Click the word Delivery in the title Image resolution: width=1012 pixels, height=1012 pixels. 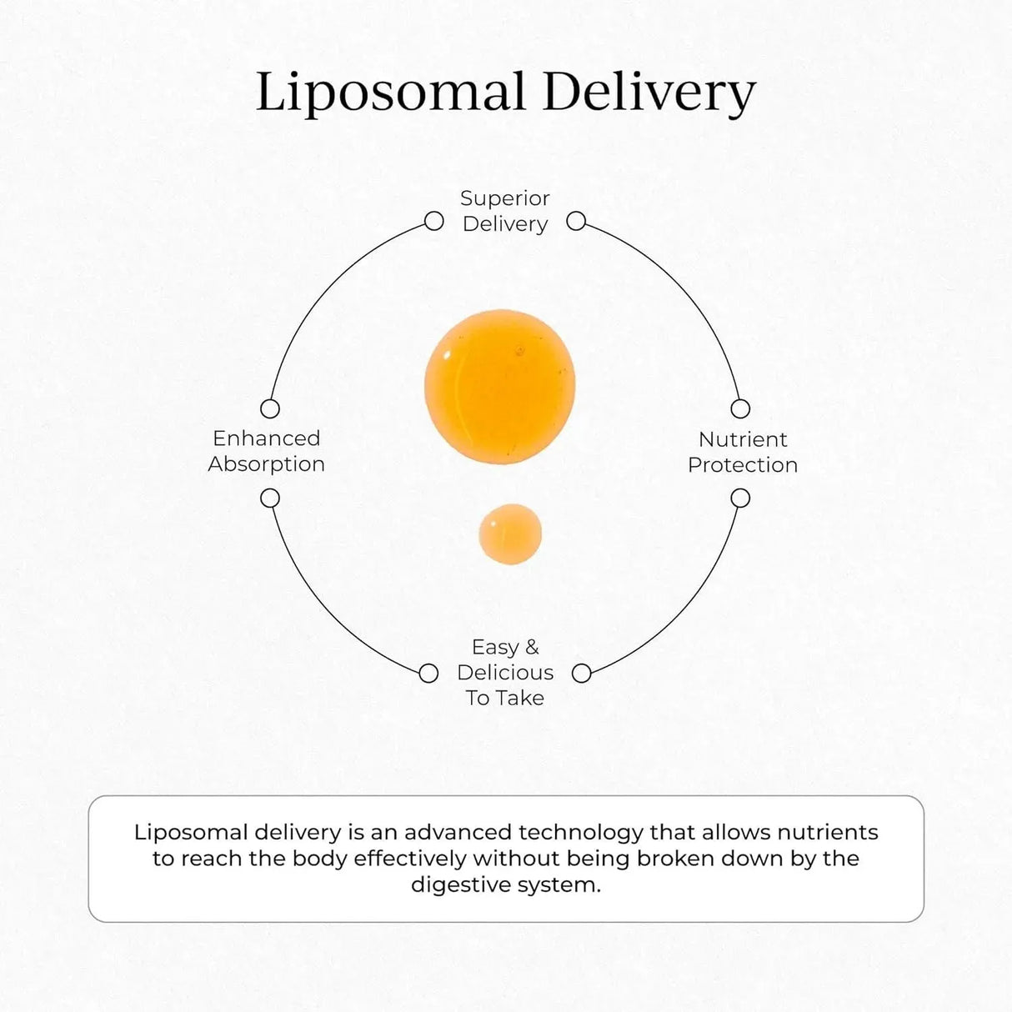pyautogui.click(x=649, y=93)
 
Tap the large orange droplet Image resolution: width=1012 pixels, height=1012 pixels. pyautogui.click(x=499, y=386)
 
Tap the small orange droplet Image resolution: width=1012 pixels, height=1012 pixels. pyautogui.click(x=510, y=534)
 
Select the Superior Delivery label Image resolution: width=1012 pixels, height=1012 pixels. pyautogui.click(x=505, y=211)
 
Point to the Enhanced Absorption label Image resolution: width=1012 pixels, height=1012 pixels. pyautogui.click(x=266, y=451)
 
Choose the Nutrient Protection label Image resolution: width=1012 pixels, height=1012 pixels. pyautogui.click(x=743, y=452)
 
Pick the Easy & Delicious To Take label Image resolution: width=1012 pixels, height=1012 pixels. pyautogui.click(x=505, y=672)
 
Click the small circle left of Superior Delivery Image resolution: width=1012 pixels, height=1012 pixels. pyautogui.click(x=433, y=221)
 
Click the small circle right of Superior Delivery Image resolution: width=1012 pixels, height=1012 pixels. pyautogui.click(x=576, y=221)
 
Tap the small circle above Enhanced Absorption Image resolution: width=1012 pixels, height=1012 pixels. pyautogui.click(x=270, y=408)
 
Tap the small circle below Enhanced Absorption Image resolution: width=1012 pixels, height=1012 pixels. pyautogui.click(x=270, y=498)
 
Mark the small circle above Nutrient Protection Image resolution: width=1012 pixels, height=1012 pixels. pyautogui.click(x=740, y=408)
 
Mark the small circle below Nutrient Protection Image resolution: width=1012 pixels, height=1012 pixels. pyautogui.click(x=740, y=498)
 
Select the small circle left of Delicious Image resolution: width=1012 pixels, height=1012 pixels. pyautogui.click(x=428, y=674)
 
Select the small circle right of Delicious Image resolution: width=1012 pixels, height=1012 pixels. pyautogui.click(x=582, y=674)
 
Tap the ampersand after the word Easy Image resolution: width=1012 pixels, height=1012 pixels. pyautogui.click(x=531, y=647)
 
